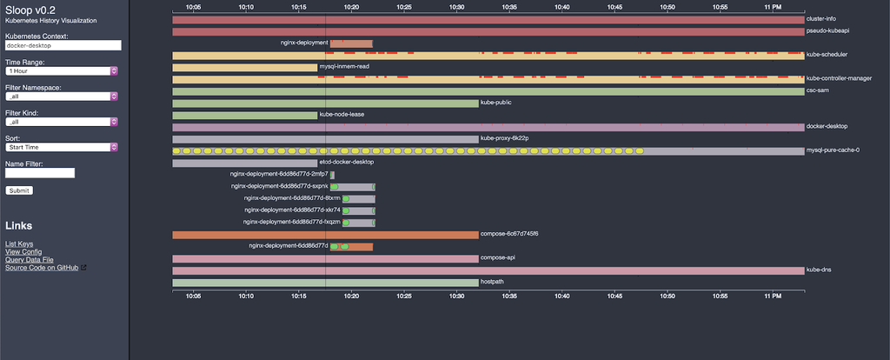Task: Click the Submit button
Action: tap(19, 190)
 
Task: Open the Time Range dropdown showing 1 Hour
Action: tap(62, 70)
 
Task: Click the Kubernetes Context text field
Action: tap(62, 45)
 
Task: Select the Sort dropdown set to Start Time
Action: tap(62, 147)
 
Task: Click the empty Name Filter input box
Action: tap(40, 173)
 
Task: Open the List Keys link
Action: tap(19, 244)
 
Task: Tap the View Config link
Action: tap(23, 252)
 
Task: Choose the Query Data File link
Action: tap(30, 260)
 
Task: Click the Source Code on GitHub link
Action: tap(42, 268)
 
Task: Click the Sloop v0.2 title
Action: tap(30, 8)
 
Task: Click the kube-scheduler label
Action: tap(826, 54)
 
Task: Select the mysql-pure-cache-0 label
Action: tap(833, 150)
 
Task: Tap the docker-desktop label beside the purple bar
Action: tap(826, 126)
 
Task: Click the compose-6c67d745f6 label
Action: tap(509, 234)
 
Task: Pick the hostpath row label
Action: tap(493, 282)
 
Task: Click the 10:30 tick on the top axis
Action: tap(457, 6)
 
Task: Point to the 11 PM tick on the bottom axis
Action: tap(772, 296)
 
